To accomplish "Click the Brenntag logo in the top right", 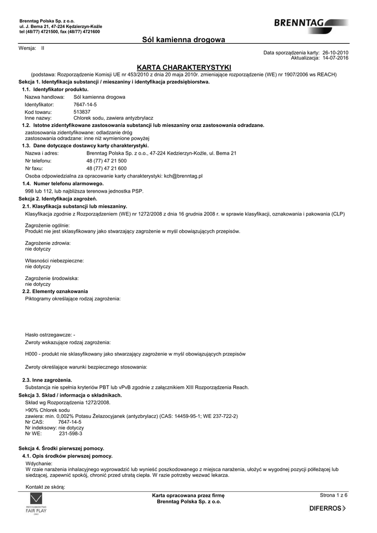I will pyautogui.click(x=309, y=22).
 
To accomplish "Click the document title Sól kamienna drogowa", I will pyautogui.click(x=183, y=40).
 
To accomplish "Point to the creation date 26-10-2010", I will pyautogui.click(x=335, y=53).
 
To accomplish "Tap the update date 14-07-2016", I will pyautogui.click(x=335, y=58).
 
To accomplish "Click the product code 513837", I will pyautogui.click(x=82, y=112).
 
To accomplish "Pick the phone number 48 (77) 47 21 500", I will pyautogui.click(x=106, y=161).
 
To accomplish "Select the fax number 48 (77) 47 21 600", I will pyautogui.click(x=106, y=169).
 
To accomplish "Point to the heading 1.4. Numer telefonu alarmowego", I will pyautogui.click(x=62, y=184).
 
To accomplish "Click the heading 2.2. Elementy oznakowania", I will pyautogui.click(x=55, y=291).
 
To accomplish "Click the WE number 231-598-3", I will pyautogui.click(x=71, y=433).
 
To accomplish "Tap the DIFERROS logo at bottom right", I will pyautogui.click(x=328, y=507).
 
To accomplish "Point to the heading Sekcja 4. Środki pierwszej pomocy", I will pyautogui.click(x=61, y=448).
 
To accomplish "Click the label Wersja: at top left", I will pyautogui.click(x=27, y=48).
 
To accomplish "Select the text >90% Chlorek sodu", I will pyautogui.click(x=47, y=410).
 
